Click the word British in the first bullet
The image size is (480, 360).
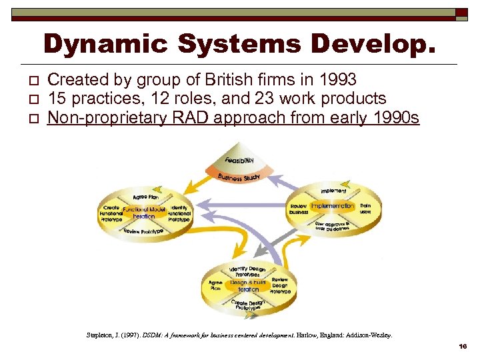pyautogui.click(x=227, y=80)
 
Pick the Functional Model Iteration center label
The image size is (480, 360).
pyautogui.click(x=143, y=212)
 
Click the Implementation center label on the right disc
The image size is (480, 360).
pyautogui.click(x=331, y=206)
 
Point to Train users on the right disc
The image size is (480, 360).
pyautogui.click(x=365, y=209)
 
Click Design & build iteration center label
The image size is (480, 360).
pyautogui.click(x=247, y=285)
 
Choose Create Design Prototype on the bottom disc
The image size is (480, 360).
pyautogui.click(x=247, y=305)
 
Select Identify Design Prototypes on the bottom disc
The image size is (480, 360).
pyautogui.click(x=247, y=271)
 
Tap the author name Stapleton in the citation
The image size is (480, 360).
pyautogui.click(x=101, y=335)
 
